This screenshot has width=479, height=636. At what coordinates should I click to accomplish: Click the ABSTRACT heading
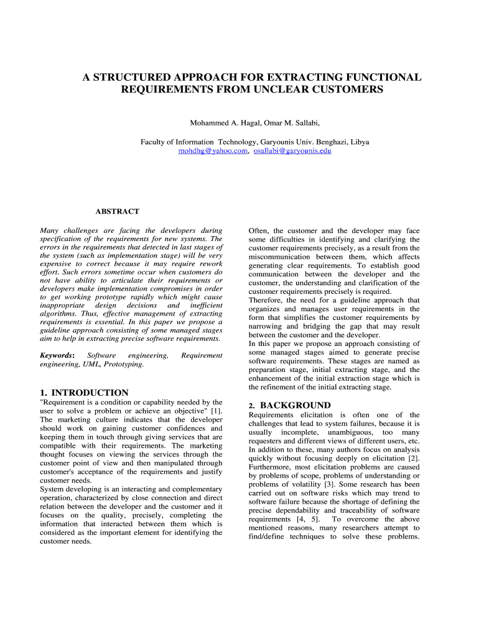click(x=117, y=212)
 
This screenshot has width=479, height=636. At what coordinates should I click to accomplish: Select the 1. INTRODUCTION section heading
click(x=84, y=393)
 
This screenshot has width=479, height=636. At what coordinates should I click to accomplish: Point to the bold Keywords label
click(x=57, y=355)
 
